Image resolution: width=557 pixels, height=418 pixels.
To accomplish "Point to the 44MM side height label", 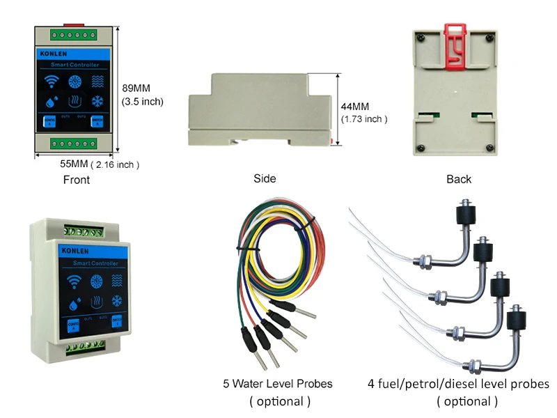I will [x=355, y=107].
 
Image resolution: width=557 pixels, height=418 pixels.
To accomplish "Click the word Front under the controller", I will [x=76, y=180].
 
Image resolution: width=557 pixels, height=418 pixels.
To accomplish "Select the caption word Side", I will [x=265, y=178].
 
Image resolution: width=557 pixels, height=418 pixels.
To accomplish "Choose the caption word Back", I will [x=459, y=179].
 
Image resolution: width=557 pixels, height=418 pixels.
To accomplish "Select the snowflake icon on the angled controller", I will [x=116, y=302].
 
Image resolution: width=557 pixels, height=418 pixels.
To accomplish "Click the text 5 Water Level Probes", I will [x=277, y=384].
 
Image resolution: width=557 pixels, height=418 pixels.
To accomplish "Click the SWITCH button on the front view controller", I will [x=97, y=121].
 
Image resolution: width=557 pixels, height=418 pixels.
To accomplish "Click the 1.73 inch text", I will [x=363, y=119].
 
